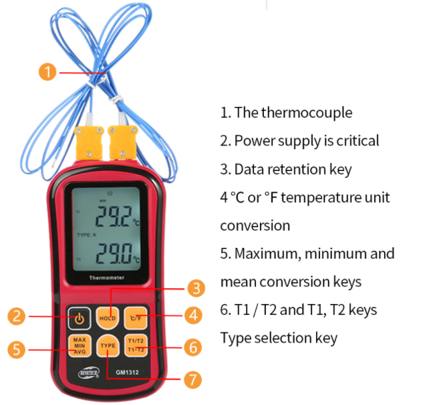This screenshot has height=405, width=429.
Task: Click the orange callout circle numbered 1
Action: [x=47, y=72]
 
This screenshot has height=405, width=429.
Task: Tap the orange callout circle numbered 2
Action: [x=18, y=317]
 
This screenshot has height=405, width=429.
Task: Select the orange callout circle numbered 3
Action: [x=196, y=289]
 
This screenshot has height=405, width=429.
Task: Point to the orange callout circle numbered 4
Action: [x=194, y=314]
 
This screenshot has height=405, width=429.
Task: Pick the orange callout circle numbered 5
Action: [x=18, y=348]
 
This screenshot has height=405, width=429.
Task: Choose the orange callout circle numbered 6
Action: [x=192, y=348]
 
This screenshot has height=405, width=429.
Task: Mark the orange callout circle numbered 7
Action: [x=192, y=380]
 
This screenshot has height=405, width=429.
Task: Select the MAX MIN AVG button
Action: [x=78, y=346]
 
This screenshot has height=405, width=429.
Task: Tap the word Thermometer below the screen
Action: [x=107, y=277]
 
